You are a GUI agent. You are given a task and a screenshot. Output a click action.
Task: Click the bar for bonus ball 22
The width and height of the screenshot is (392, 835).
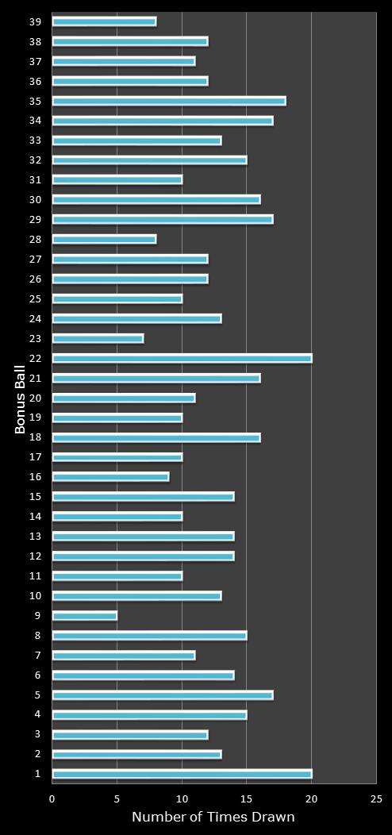(x=182, y=358)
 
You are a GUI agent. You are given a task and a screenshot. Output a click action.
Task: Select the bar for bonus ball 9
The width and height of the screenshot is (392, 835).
(x=84, y=616)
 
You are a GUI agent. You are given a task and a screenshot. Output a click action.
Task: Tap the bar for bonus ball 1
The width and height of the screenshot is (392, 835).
(x=182, y=774)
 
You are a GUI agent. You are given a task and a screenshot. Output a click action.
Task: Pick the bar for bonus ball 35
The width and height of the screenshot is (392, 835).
(x=169, y=101)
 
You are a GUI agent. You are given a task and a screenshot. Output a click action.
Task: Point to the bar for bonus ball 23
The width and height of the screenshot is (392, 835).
(x=98, y=338)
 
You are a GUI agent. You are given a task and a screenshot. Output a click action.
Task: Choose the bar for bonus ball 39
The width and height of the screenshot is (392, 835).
(x=104, y=21)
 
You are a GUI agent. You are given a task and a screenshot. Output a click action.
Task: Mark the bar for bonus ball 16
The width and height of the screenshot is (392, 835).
(x=110, y=477)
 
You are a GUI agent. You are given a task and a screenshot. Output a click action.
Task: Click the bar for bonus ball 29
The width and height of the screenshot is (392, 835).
(x=163, y=219)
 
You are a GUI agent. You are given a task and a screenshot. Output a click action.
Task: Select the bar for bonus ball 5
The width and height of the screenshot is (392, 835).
(x=163, y=695)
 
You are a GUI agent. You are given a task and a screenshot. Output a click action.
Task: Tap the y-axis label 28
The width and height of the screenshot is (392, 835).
(x=36, y=240)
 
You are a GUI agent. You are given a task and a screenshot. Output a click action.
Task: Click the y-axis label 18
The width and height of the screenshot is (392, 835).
(x=36, y=437)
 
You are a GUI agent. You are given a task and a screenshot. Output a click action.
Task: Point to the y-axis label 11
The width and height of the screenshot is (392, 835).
(x=36, y=576)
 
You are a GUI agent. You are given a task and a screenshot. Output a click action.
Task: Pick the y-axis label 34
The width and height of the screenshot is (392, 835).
(x=36, y=121)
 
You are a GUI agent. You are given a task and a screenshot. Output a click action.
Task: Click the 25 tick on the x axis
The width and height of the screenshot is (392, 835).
(x=376, y=798)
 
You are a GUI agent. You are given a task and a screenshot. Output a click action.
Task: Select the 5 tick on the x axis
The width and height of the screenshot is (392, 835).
(x=117, y=798)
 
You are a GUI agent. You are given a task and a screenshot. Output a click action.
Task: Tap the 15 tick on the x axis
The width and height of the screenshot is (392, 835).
(x=246, y=798)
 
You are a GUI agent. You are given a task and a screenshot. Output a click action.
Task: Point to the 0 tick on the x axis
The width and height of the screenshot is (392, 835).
(x=52, y=798)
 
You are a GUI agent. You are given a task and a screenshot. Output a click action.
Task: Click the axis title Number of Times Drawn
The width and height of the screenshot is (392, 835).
(x=213, y=818)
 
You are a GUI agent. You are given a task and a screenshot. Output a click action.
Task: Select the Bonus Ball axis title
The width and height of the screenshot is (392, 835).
(x=21, y=398)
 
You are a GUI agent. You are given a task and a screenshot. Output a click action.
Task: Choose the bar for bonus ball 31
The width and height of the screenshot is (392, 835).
(x=117, y=179)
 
